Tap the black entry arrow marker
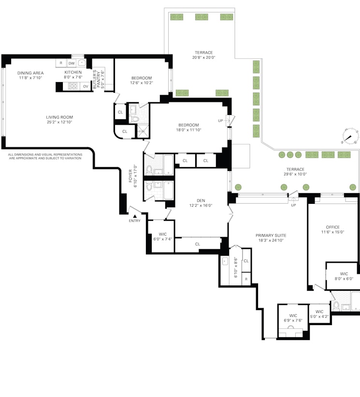(x=134, y=215)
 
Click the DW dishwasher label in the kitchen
(x=72, y=63)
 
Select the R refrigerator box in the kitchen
(x=61, y=63)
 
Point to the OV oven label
(x=86, y=86)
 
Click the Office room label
(x=332, y=227)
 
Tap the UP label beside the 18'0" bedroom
(x=220, y=121)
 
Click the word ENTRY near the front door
(x=134, y=221)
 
